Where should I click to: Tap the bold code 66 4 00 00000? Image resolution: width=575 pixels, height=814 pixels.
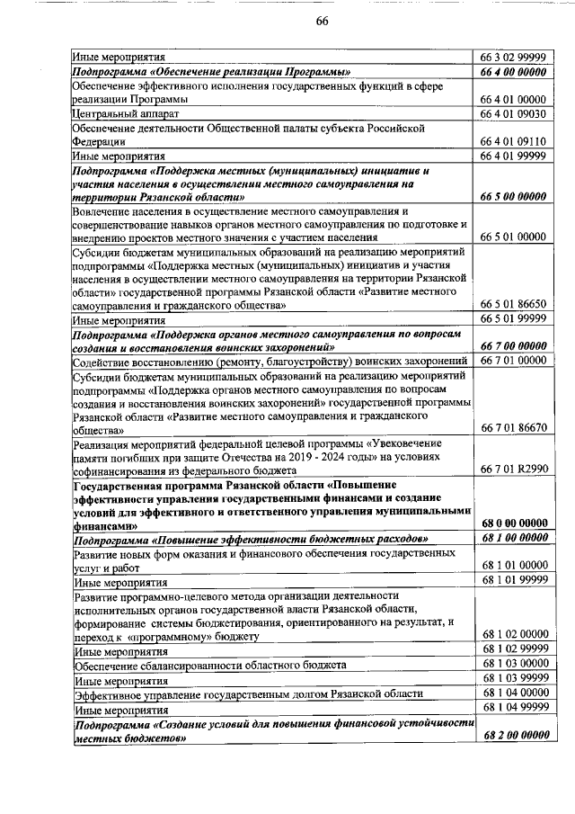point(514,72)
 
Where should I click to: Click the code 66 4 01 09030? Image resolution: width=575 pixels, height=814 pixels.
point(514,114)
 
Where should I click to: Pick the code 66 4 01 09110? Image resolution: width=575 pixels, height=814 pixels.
point(514,141)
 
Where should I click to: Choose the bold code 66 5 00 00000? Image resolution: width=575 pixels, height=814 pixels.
point(514,196)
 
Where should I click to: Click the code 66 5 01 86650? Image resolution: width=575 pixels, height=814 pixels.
point(514,306)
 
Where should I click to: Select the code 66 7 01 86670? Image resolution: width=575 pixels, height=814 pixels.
point(514,428)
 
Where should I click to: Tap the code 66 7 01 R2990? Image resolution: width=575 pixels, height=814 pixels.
point(514,470)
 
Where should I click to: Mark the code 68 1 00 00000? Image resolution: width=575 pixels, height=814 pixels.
point(514,538)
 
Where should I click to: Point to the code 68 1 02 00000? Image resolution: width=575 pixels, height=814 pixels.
point(514,635)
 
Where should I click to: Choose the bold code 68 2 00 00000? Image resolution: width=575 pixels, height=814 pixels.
point(514,735)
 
